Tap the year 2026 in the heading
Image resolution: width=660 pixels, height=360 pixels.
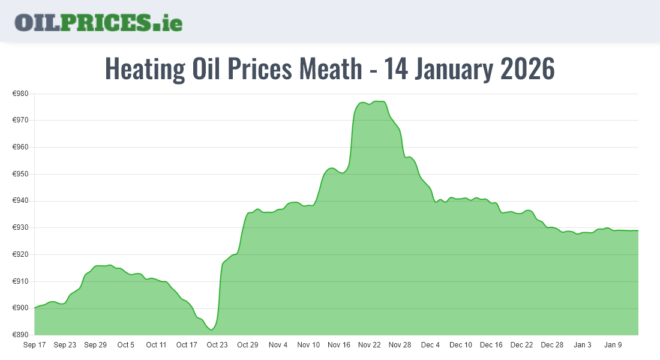click(x=527, y=69)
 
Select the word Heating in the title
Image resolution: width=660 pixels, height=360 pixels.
click(x=145, y=69)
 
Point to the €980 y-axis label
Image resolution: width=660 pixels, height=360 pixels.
click(x=21, y=94)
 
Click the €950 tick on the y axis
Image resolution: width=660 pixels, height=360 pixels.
click(x=21, y=174)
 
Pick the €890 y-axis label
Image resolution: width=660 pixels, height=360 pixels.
click(x=21, y=335)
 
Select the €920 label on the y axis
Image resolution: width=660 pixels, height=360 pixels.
click(x=21, y=254)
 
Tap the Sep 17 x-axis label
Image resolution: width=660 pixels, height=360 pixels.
click(x=34, y=345)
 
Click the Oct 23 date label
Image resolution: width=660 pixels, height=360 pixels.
click(x=217, y=345)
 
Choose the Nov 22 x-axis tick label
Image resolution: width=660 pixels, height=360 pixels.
click(x=370, y=345)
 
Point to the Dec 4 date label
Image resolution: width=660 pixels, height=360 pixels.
click(x=430, y=345)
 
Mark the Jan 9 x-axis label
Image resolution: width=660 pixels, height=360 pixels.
click(x=613, y=345)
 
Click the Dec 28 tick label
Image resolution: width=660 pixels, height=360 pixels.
click(x=552, y=345)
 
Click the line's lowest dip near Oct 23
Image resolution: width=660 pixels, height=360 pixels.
click(x=211, y=329)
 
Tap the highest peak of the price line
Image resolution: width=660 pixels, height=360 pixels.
click(x=378, y=101)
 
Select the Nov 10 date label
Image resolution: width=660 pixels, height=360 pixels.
click(x=308, y=345)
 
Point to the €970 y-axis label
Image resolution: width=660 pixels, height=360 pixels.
click(x=21, y=120)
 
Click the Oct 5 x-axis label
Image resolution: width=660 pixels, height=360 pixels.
click(x=126, y=345)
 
